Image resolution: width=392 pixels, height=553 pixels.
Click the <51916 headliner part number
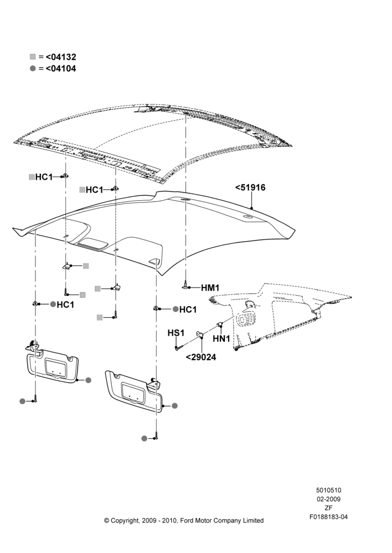point(250,187)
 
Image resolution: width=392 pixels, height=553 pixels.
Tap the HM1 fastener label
point(210,288)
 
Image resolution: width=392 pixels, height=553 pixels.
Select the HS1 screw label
point(176,333)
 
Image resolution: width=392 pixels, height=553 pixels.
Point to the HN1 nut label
point(221,338)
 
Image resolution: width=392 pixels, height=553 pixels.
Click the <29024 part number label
point(201,357)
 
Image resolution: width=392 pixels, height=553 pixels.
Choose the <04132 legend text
point(61,57)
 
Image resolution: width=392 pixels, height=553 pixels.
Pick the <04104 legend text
point(61,69)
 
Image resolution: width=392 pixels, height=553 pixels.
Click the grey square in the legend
point(33,57)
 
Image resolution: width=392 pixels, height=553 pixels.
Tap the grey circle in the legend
point(33,69)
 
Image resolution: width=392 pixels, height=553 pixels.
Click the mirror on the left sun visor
point(55,367)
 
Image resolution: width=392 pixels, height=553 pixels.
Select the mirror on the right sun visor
point(133,392)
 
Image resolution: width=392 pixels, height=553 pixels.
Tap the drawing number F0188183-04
point(328,517)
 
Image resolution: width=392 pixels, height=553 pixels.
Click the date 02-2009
point(328,499)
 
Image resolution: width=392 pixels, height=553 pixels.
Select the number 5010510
point(328,490)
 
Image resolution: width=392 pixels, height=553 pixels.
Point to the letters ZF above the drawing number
point(328,508)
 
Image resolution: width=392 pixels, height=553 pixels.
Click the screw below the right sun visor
point(156,437)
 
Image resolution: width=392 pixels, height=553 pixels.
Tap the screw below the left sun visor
point(35,399)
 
